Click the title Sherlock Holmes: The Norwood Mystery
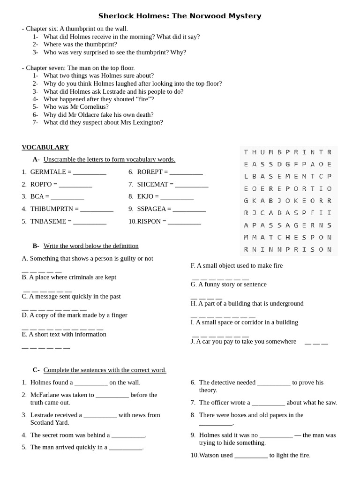point(180,16)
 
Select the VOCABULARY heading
point(45,147)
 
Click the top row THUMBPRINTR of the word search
point(288,152)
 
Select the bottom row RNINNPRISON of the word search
point(288,249)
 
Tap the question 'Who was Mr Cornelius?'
point(76,107)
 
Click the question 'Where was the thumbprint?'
point(80,44)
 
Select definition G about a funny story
point(228,284)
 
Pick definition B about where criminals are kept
point(69,277)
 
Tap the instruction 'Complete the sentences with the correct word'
point(105,370)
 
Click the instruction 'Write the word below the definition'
point(91,246)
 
